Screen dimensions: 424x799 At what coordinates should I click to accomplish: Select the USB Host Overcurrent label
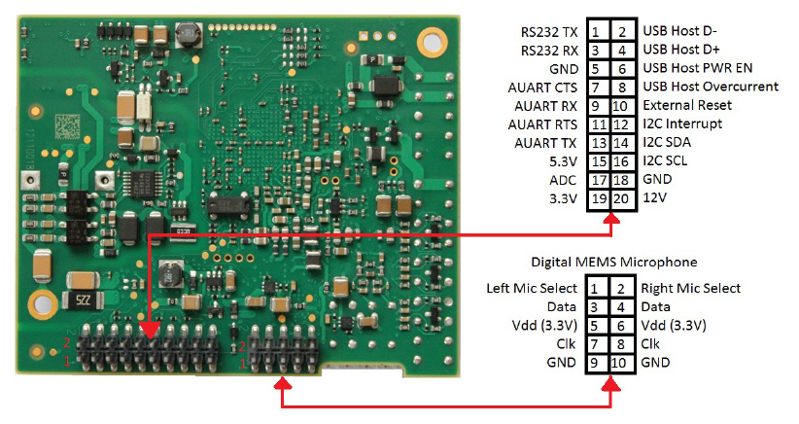coord(711,88)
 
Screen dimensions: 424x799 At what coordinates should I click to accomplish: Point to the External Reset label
coord(687,106)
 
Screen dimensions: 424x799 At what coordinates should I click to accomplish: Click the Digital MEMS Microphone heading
coord(613,263)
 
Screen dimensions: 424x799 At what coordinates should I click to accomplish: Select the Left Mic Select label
coord(532,289)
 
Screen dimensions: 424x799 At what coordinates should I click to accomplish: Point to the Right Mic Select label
coord(690,289)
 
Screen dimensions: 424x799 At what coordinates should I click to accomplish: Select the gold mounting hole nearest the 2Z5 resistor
coord(42,299)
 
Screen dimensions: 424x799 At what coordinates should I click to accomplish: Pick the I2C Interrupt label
coord(681,124)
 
